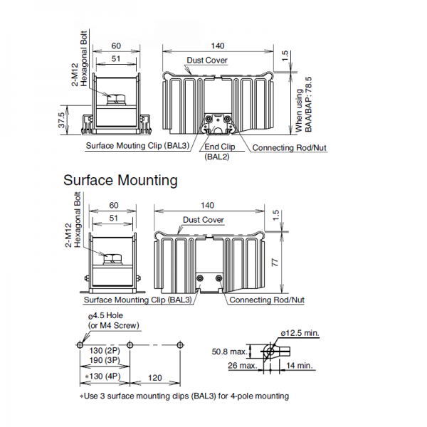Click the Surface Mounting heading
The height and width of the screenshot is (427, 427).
[x=120, y=180]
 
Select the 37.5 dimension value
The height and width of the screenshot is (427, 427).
[x=62, y=120]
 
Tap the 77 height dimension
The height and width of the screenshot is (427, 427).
[x=275, y=263]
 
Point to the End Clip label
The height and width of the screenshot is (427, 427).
[x=219, y=147]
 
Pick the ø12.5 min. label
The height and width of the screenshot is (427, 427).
[x=300, y=333]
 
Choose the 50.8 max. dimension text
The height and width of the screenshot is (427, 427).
[x=229, y=352]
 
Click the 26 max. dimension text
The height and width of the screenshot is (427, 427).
[x=243, y=366]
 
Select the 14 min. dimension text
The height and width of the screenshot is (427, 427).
[x=299, y=366]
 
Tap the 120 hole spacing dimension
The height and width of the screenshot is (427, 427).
[x=155, y=378]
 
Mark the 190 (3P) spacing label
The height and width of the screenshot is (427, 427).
[x=105, y=360]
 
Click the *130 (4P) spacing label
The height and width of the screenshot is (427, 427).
[x=102, y=376]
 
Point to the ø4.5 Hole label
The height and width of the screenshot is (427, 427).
[x=105, y=315]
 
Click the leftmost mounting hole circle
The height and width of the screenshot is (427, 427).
[x=80, y=345]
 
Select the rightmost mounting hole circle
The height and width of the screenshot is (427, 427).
[x=180, y=345]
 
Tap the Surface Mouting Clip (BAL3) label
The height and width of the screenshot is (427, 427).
[x=137, y=146]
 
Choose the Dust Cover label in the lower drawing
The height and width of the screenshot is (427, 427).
[x=203, y=220]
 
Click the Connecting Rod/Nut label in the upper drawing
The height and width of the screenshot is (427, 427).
[x=289, y=147]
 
